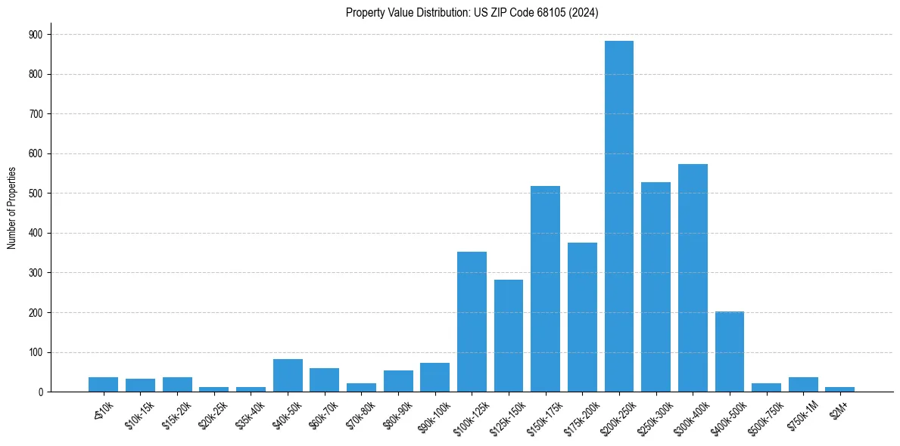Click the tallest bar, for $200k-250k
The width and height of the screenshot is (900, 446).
coord(619,216)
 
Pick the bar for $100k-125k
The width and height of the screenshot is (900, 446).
coord(472,322)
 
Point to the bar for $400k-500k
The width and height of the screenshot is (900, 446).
coord(730,352)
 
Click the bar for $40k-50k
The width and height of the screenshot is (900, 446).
coord(288,376)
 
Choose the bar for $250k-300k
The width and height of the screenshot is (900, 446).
coord(656,287)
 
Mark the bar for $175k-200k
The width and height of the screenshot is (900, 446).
coord(582,317)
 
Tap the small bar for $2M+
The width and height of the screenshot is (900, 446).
coord(840,389)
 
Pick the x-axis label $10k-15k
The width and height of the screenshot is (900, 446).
coord(140,412)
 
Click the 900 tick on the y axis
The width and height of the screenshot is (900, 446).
coord(36,35)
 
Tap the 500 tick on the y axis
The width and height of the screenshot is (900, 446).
coord(36,194)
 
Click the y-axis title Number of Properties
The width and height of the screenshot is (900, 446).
coord(11,208)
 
